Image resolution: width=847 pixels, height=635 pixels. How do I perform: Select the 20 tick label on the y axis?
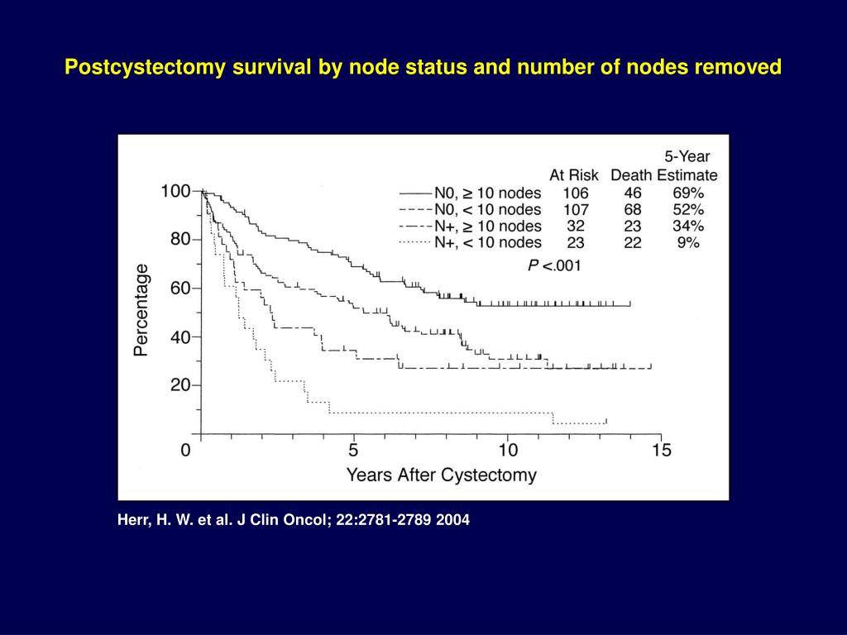point(179,385)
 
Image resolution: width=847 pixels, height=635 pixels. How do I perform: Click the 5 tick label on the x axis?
point(353,450)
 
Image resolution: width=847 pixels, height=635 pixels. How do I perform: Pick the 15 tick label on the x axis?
point(661,450)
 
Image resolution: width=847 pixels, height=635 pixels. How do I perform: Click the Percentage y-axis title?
point(141,309)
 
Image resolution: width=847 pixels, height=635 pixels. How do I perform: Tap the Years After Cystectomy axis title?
point(441,475)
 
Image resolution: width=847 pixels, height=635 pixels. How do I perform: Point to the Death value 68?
point(633,209)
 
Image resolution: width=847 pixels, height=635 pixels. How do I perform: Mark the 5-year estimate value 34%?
point(687,226)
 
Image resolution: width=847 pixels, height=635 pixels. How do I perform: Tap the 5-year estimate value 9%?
point(687,242)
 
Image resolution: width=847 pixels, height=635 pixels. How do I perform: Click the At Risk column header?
point(574,175)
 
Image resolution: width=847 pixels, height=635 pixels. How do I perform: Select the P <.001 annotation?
point(554,265)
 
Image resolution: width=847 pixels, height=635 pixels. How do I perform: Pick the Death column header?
point(631,175)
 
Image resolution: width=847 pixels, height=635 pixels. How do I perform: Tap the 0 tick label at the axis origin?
point(186,450)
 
